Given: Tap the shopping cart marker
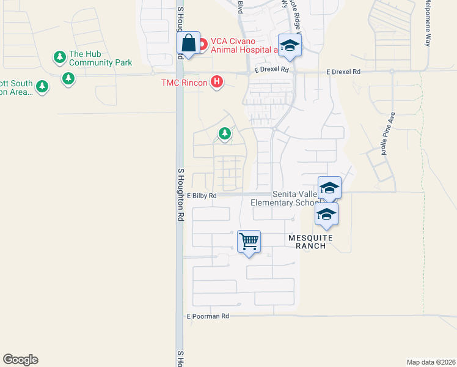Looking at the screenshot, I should pos(249,242).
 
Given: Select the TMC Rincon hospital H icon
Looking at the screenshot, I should pos(216,82).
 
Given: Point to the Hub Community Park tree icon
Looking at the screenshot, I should pos(60,57).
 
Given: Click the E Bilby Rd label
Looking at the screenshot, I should pos(202,196).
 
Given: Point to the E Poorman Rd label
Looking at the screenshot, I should pos(208,316).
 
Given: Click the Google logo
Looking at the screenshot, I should pos(20,360).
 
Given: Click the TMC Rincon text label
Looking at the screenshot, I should pos(184,82).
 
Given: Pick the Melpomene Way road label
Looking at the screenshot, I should pos(428,23).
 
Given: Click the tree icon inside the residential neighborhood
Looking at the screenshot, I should pos(225,133).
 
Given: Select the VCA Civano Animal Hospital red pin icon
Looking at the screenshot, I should pos(202,44).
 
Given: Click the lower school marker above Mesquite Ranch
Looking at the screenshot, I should pos(326,215).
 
